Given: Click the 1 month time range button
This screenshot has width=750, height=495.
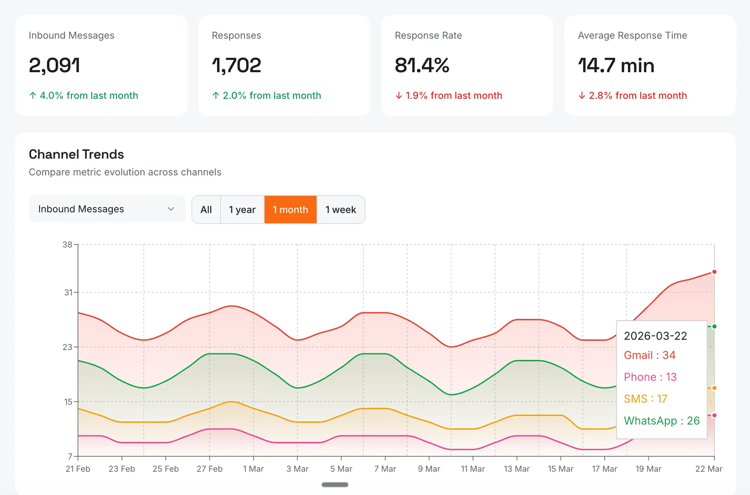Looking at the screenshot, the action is coord(290,209).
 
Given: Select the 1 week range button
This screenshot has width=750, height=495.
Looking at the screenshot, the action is coord(341,209).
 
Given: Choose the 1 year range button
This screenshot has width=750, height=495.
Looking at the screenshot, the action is coord(242,209).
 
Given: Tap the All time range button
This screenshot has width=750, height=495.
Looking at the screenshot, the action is coord(206,209).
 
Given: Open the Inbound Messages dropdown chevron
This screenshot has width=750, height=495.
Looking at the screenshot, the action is coord(171,209).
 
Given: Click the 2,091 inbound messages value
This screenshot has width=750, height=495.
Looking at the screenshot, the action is coord(54,66).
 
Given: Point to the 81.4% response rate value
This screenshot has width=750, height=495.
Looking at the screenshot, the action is coord(422,66).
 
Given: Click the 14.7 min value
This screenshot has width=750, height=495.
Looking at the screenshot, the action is coord(616,66).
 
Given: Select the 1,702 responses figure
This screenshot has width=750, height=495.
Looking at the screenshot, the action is coord(236,66).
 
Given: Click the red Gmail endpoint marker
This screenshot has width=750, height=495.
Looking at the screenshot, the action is coord(714,272).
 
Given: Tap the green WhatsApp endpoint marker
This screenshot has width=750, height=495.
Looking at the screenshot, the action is coord(714,326).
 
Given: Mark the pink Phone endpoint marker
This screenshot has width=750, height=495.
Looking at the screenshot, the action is coord(714,415).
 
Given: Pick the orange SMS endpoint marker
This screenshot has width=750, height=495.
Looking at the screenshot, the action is coord(714,388).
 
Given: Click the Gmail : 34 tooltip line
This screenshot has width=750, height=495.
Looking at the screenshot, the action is coord(650,355).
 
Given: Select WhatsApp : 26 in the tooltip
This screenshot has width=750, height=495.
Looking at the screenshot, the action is coord(662,421).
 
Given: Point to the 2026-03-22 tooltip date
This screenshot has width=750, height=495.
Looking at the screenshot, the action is coord(656,336).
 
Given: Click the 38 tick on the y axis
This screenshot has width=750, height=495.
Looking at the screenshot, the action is coord(67,244).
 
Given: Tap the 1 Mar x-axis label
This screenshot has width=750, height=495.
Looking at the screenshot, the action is coord(253,469).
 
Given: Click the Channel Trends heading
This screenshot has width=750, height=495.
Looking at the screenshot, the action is coord(76,155).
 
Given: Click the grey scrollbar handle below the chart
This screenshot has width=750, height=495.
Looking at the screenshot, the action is coord(335,484).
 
